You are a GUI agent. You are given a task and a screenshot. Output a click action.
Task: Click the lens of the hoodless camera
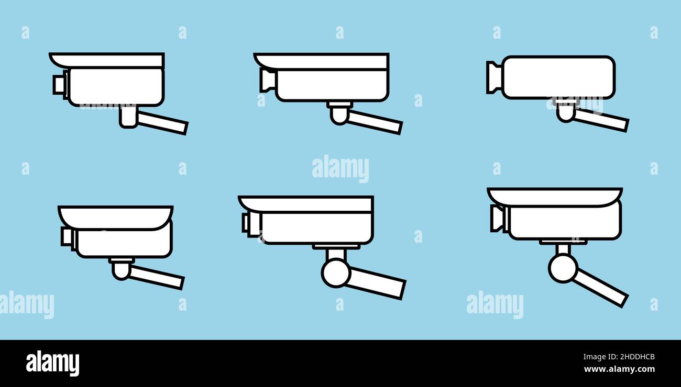(x=493, y=77)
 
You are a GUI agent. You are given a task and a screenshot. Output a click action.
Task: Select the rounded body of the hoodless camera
(x=558, y=77)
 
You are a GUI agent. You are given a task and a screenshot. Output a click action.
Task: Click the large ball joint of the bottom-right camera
(x=563, y=267)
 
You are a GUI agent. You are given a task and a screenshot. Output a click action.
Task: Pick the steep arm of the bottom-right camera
(x=601, y=287)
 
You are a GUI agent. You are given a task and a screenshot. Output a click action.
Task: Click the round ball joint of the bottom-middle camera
(x=336, y=272)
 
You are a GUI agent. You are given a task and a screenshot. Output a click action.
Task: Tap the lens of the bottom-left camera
(x=68, y=236)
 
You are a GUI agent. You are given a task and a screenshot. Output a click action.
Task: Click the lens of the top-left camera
(x=59, y=84)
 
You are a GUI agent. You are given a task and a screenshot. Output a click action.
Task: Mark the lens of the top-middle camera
(x=268, y=80)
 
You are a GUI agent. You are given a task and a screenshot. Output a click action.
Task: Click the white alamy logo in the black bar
(x=52, y=363)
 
